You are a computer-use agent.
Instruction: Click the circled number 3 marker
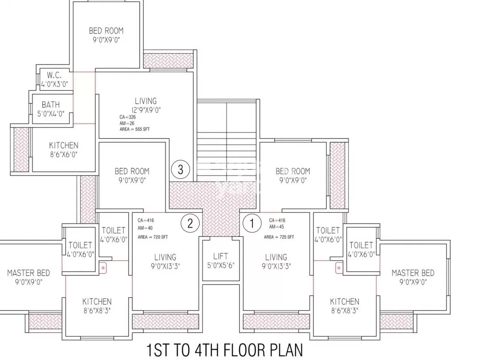pyautogui.click(x=180, y=170)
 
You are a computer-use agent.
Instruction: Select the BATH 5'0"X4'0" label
pyautogui.click(x=51, y=109)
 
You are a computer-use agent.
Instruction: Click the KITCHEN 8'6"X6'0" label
pyautogui.click(x=64, y=150)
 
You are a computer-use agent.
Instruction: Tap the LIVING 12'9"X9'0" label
pyautogui.click(x=146, y=105)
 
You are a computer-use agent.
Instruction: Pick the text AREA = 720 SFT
pyautogui.click(x=153, y=237)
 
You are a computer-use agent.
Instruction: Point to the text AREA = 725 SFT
pyautogui.click(x=279, y=237)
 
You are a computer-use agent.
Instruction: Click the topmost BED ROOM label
pyautogui.click(x=106, y=35)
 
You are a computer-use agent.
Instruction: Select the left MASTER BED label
pyautogui.click(x=28, y=277)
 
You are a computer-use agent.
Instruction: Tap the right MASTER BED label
pyautogui.click(x=413, y=277)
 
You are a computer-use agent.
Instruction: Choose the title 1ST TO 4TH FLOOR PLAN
pyautogui.click(x=224, y=350)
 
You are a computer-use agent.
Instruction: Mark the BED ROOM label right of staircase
pyautogui.click(x=293, y=175)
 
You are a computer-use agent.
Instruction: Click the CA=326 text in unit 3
pyautogui.click(x=127, y=117)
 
